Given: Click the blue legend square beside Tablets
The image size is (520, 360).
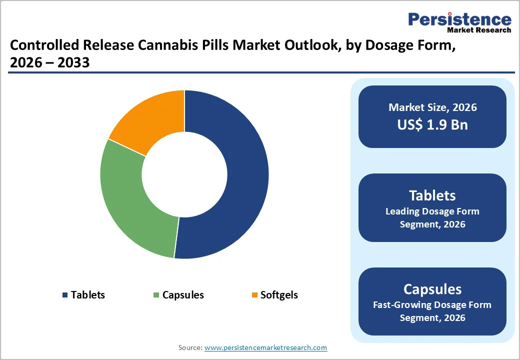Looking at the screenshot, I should pyautogui.click(x=65, y=295).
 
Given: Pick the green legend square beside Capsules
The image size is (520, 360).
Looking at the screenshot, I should pyautogui.click(x=156, y=295).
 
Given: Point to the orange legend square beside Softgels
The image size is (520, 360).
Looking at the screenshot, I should pyautogui.click(x=254, y=295).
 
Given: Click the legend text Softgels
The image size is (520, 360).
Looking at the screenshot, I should pyautogui.click(x=279, y=295).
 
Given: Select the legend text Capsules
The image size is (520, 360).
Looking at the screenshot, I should pyautogui.click(x=183, y=295).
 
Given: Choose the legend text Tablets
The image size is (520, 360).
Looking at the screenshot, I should pyautogui.click(x=88, y=295).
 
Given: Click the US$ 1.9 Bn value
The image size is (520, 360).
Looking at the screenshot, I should pyautogui.click(x=432, y=124).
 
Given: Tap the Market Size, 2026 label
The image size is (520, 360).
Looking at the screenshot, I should pyautogui.click(x=432, y=107).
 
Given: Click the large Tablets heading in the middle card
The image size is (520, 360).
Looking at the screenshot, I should pyautogui.click(x=432, y=195).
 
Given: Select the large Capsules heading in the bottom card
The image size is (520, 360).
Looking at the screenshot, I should pyautogui.click(x=432, y=289).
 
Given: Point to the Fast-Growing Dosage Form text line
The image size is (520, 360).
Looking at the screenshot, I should pyautogui.click(x=432, y=304).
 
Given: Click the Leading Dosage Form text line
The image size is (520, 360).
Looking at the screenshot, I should pyautogui.click(x=432, y=211).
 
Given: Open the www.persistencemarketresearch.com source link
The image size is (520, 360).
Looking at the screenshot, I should pyautogui.click(x=265, y=347).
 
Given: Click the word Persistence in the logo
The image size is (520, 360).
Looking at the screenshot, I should pyautogui.click(x=459, y=19).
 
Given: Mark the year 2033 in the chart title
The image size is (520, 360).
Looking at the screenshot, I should pyautogui.click(x=74, y=62).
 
